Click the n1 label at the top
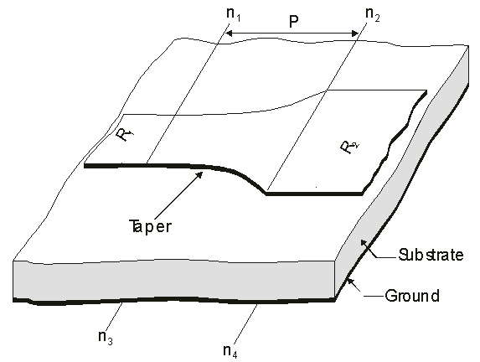point(233,14)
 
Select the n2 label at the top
point(373,14)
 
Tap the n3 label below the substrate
point(106,338)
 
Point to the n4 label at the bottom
point(230,351)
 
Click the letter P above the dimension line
point(293,22)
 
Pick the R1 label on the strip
point(125,134)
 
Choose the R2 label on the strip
point(349,147)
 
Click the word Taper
point(150,227)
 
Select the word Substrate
point(431,255)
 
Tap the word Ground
point(412,296)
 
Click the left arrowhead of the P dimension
point(229,33)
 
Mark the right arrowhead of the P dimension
point(355,34)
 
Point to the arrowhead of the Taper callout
point(199,174)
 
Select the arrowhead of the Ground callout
point(349,282)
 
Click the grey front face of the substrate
point(174,279)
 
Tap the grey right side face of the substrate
point(401,172)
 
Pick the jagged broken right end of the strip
point(395,141)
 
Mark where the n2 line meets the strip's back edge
point(327,90)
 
